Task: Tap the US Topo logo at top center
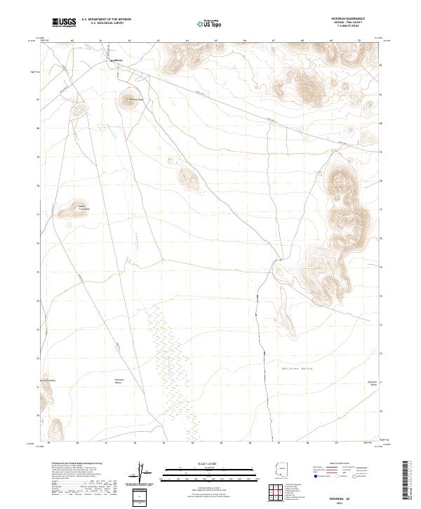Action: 208,24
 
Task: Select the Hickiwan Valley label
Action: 119,381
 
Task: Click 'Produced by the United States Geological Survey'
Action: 70,465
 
